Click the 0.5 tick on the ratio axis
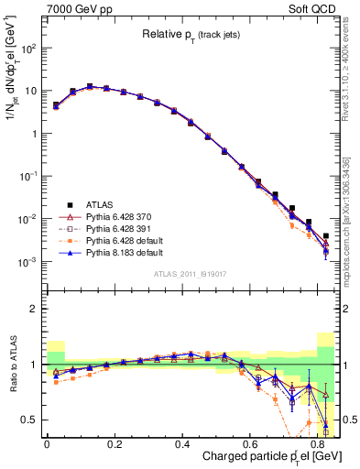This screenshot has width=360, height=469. (x=28, y=420)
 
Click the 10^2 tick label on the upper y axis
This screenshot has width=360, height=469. (x=27, y=49)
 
